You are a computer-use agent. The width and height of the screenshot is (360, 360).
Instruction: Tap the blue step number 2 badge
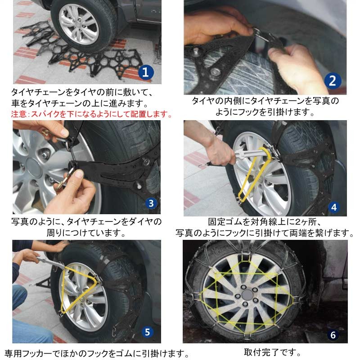coord(332,81)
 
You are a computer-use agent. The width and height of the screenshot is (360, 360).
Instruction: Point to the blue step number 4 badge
coord(333,207)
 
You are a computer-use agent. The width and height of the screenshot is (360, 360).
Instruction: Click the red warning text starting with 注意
coord(92,114)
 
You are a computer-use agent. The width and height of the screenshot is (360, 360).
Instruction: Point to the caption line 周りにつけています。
coord(85,233)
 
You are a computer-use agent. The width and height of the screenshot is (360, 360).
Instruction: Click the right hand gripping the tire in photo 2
coord(297,67)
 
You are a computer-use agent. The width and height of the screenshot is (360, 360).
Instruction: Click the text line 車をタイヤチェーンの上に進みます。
coord(81,103)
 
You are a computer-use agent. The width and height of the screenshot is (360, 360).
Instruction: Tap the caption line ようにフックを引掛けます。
coord(265,112)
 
